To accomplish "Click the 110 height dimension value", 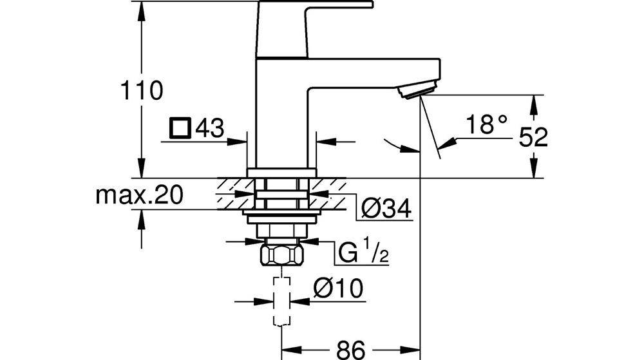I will click(x=144, y=91).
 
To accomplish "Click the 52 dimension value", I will click(x=532, y=138).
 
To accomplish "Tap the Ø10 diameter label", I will click(x=339, y=289).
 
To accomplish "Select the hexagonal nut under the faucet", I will click(x=281, y=256).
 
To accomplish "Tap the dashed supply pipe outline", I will click(x=281, y=301).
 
